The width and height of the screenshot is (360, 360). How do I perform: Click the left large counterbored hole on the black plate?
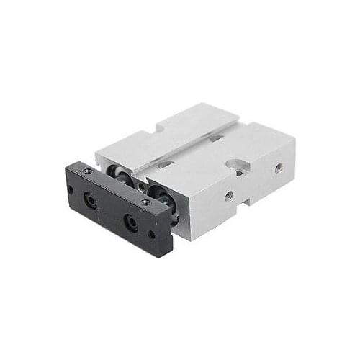point(91,201)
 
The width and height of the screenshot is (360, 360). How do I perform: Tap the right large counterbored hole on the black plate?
point(131,222)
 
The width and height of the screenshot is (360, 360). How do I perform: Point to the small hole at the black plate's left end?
point(71,190)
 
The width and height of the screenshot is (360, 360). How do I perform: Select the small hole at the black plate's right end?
point(151,234)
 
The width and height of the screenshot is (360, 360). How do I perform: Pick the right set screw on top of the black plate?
point(145,203)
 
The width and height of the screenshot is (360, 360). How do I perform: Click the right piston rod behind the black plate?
point(162,197)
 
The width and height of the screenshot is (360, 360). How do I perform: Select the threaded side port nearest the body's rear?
point(279,168)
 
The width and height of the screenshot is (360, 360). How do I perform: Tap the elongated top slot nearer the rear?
point(216,138)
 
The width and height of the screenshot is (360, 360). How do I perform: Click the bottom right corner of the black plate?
point(170,254)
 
